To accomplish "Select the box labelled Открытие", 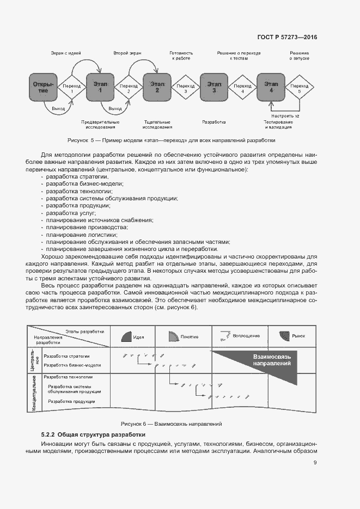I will [x=43, y=87].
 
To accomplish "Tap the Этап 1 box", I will [x=100, y=87].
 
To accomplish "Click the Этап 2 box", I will [x=157, y=87].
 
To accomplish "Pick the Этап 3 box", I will [x=214, y=87].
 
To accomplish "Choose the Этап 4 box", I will [x=271, y=87].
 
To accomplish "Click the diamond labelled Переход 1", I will [x=72, y=88].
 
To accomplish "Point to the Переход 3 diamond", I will [x=186, y=88].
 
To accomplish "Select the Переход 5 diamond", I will [x=300, y=88].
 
